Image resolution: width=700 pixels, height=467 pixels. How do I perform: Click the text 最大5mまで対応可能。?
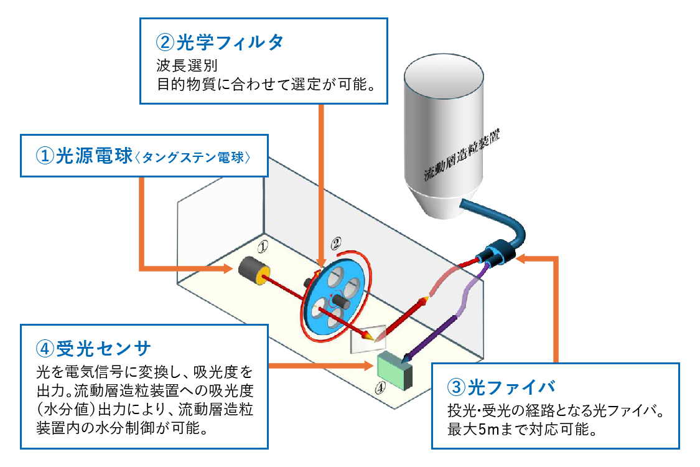tap(523, 429)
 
